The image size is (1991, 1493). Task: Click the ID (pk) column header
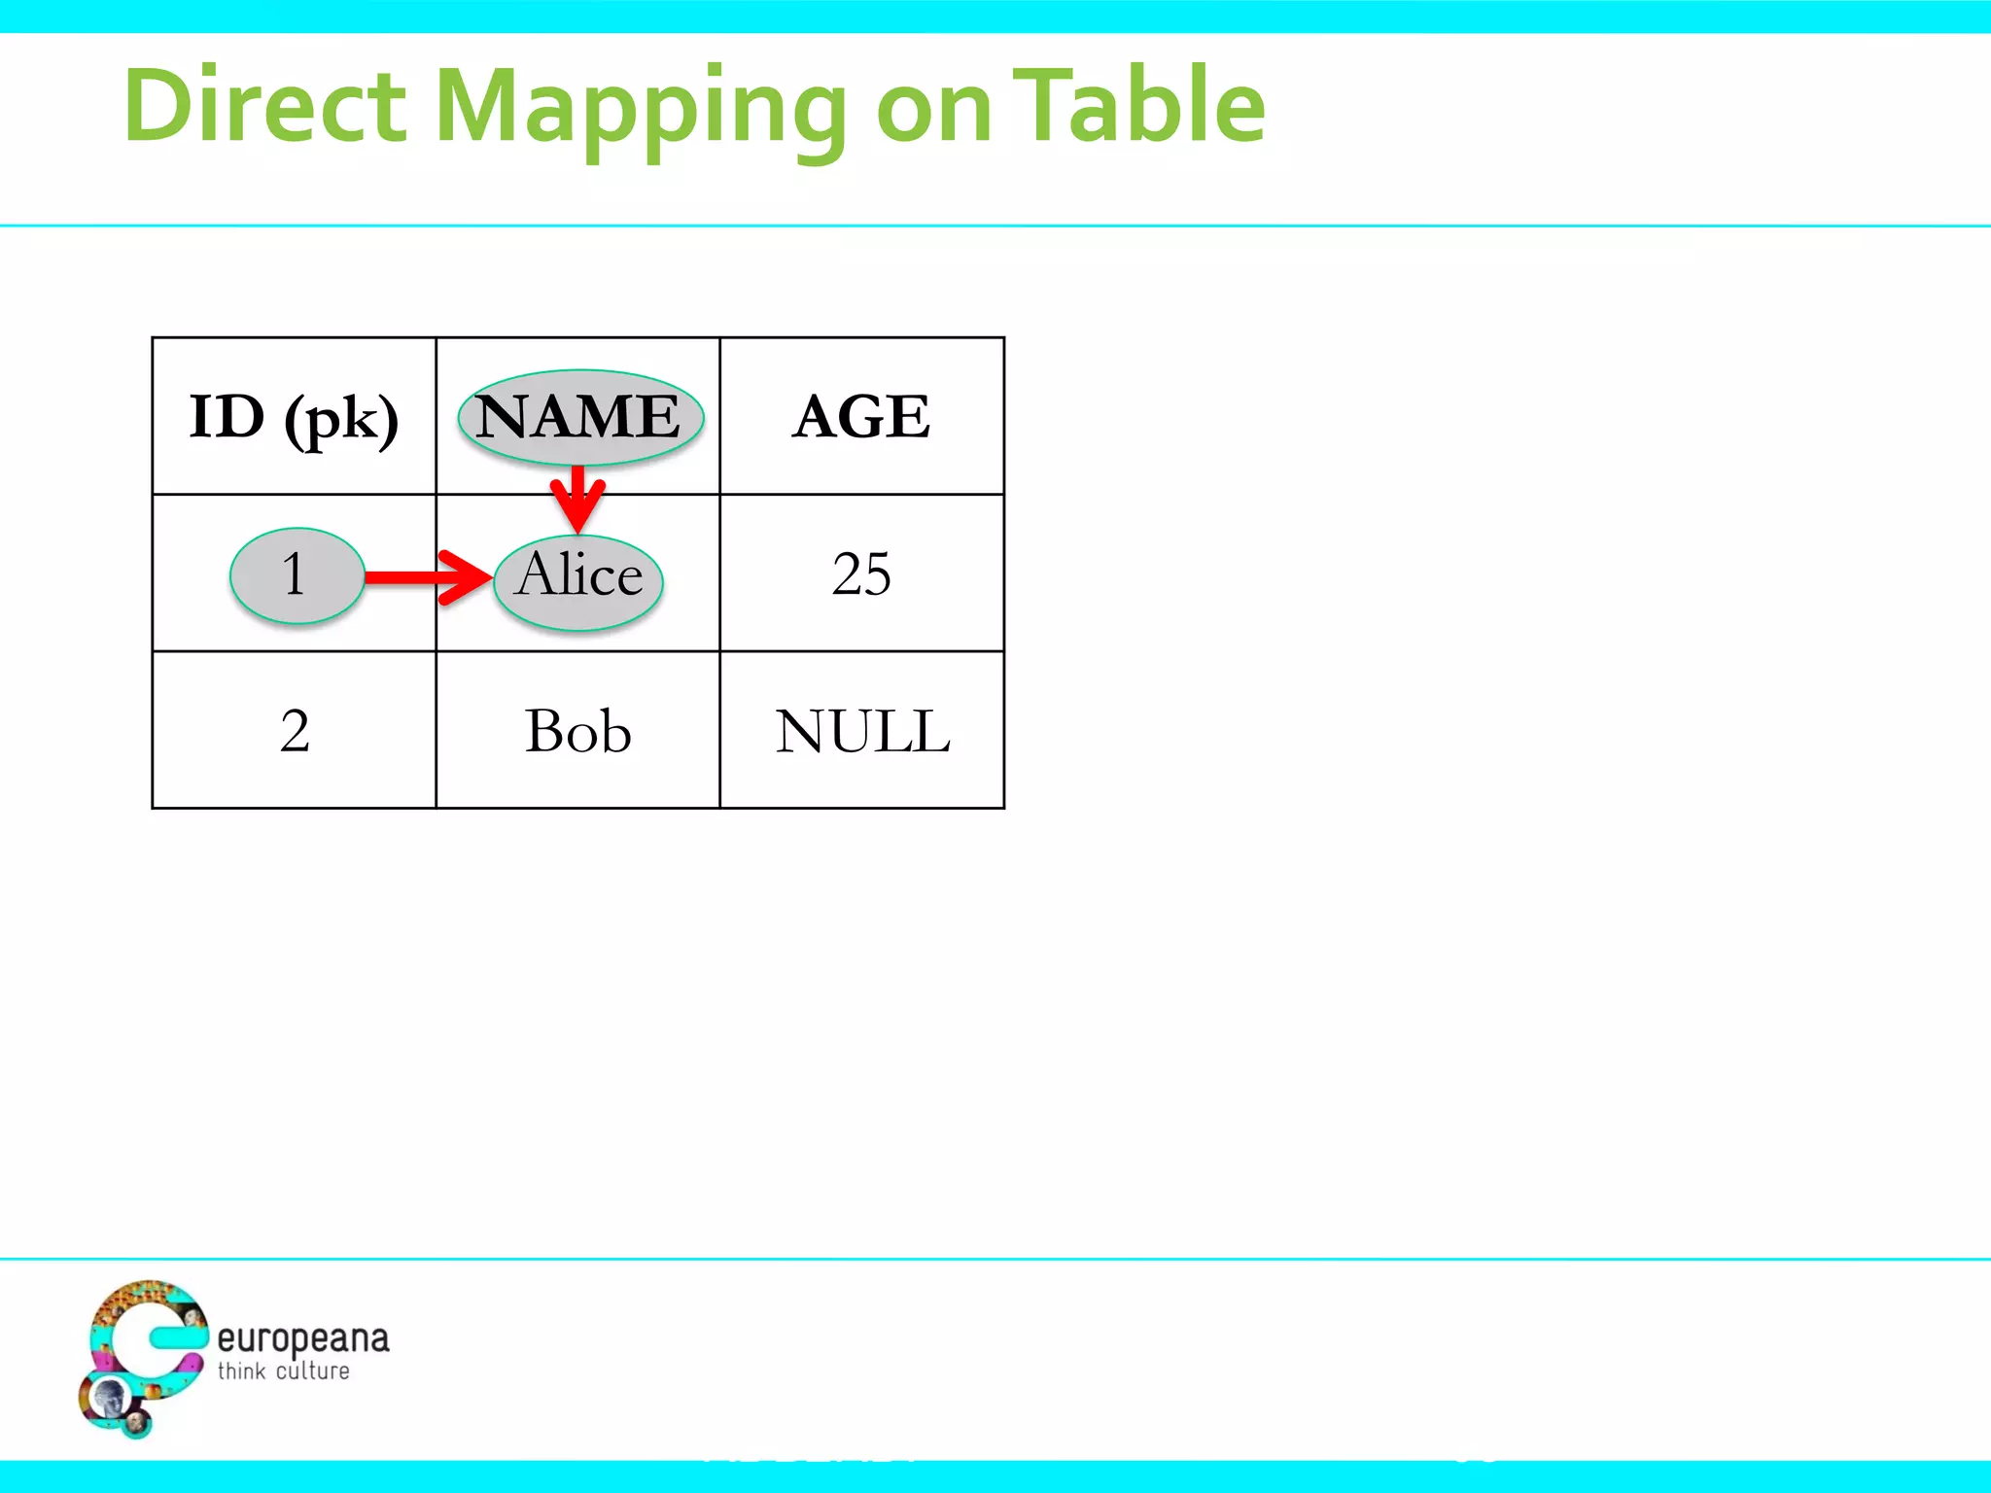(x=294, y=418)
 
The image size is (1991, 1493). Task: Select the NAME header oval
(x=580, y=416)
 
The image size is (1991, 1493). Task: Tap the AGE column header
(x=861, y=417)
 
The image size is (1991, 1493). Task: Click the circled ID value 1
(x=296, y=574)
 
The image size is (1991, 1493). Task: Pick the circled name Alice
(x=578, y=579)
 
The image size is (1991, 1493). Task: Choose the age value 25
(x=861, y=573)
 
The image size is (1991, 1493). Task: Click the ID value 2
(x=295, y=731)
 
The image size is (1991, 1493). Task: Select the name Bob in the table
(x=578, y=731)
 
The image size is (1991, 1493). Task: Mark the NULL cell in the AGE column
(x=862, y=731)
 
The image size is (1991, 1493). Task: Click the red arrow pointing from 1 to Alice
(x=428, y=577)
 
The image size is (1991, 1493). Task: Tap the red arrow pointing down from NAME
(x=577, y=498)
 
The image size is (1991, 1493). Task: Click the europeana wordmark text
(x=302, y=1339)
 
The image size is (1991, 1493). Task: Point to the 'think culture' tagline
(x=283, y=1371)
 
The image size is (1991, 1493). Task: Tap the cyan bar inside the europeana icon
(x=179, y=1337)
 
